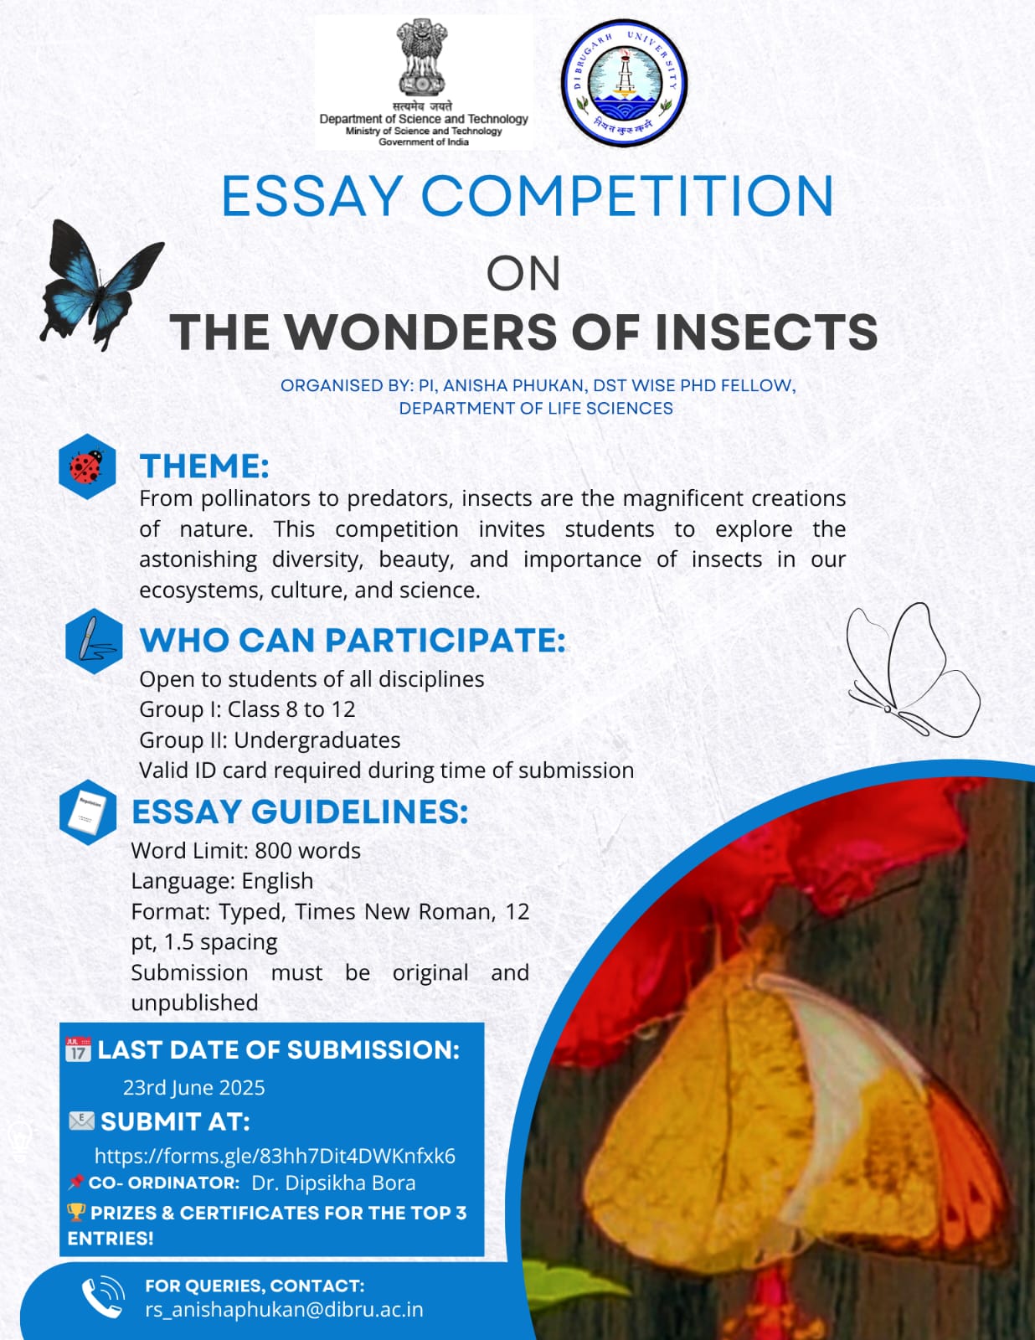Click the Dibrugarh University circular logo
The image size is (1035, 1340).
click(x=624, y=81)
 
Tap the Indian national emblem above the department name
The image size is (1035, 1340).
click(x=421, y=58)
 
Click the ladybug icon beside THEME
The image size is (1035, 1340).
click(x=87, y=466)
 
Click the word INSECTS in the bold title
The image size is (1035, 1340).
click(x=766, y=332)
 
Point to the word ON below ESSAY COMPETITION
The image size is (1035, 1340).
click(x=523, y=274)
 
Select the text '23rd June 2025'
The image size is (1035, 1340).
click(x=194, y=1087)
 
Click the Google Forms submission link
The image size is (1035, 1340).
click(x=275, y=1156)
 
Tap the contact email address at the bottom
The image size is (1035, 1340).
click(x=284, y=1309)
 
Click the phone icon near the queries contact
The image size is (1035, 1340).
click(x=102, y=1297)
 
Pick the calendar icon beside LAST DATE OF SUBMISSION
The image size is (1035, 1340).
click(x=78, y=1049)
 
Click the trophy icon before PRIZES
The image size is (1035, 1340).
click(x=76, y=1211)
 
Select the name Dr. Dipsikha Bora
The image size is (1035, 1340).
click(x=333, y=1183)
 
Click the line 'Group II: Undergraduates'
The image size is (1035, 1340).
click(x=270, y=740)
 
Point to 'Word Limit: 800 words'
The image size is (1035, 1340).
click(x=245, y=850)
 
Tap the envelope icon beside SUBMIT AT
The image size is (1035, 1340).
click(x=81, y=1121)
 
